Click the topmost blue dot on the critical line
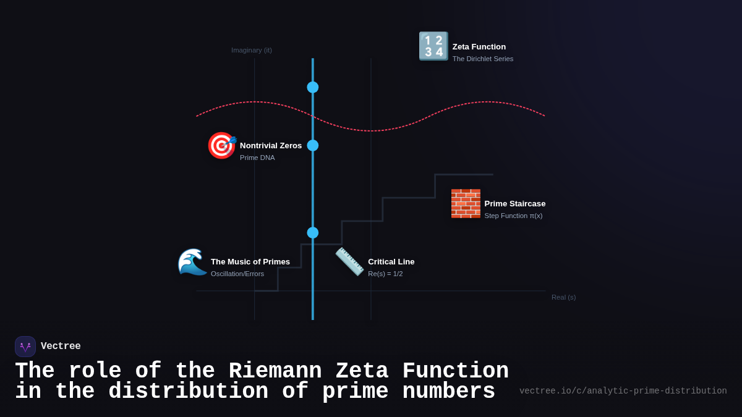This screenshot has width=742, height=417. (313, 87)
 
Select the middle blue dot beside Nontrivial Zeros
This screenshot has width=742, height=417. (313, 145)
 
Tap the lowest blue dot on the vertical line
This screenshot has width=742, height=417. (313, 232)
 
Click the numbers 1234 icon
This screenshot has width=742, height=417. (433, 46)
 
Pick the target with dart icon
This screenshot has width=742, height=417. (221, 146)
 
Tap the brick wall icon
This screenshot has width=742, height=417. (466, 204)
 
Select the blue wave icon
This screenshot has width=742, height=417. (192, 262)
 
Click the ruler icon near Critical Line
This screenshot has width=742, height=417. (349, 261)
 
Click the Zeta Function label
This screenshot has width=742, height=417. (479, 47)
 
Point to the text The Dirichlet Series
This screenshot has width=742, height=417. (482, 59)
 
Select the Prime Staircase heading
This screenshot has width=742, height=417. (514, 204)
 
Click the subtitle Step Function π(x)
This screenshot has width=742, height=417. (513, 216)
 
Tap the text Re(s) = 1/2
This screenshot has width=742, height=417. (385, 274)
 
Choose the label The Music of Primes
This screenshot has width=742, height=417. (250, 262)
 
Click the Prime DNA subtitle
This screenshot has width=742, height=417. (257, 158)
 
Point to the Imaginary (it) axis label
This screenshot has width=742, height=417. (251, 50)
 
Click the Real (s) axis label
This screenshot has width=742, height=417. (563, 297)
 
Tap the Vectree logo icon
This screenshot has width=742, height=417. (25, 347)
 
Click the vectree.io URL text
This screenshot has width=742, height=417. (623, 391)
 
